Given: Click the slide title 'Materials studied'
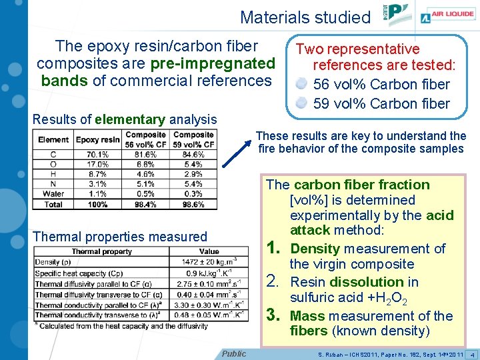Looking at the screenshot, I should tap(305, 17).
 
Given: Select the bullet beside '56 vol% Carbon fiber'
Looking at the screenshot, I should tap(302, 85).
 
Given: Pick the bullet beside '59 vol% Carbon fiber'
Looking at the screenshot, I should tap(302, 103).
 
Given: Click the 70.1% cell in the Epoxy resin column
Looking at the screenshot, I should tap(97, 155).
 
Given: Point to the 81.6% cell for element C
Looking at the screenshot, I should tap(146, 155).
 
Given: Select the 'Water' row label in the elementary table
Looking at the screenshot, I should tap(53, 194).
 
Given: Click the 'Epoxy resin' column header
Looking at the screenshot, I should tap(97, 140).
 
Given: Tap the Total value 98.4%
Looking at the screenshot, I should tap(146, 204).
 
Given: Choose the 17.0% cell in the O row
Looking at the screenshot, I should tap(97, 165).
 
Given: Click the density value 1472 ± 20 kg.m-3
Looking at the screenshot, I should tap(208, 263).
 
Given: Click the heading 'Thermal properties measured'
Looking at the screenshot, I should tap(120, 237).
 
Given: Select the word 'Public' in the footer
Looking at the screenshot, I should tap(233, 353).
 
